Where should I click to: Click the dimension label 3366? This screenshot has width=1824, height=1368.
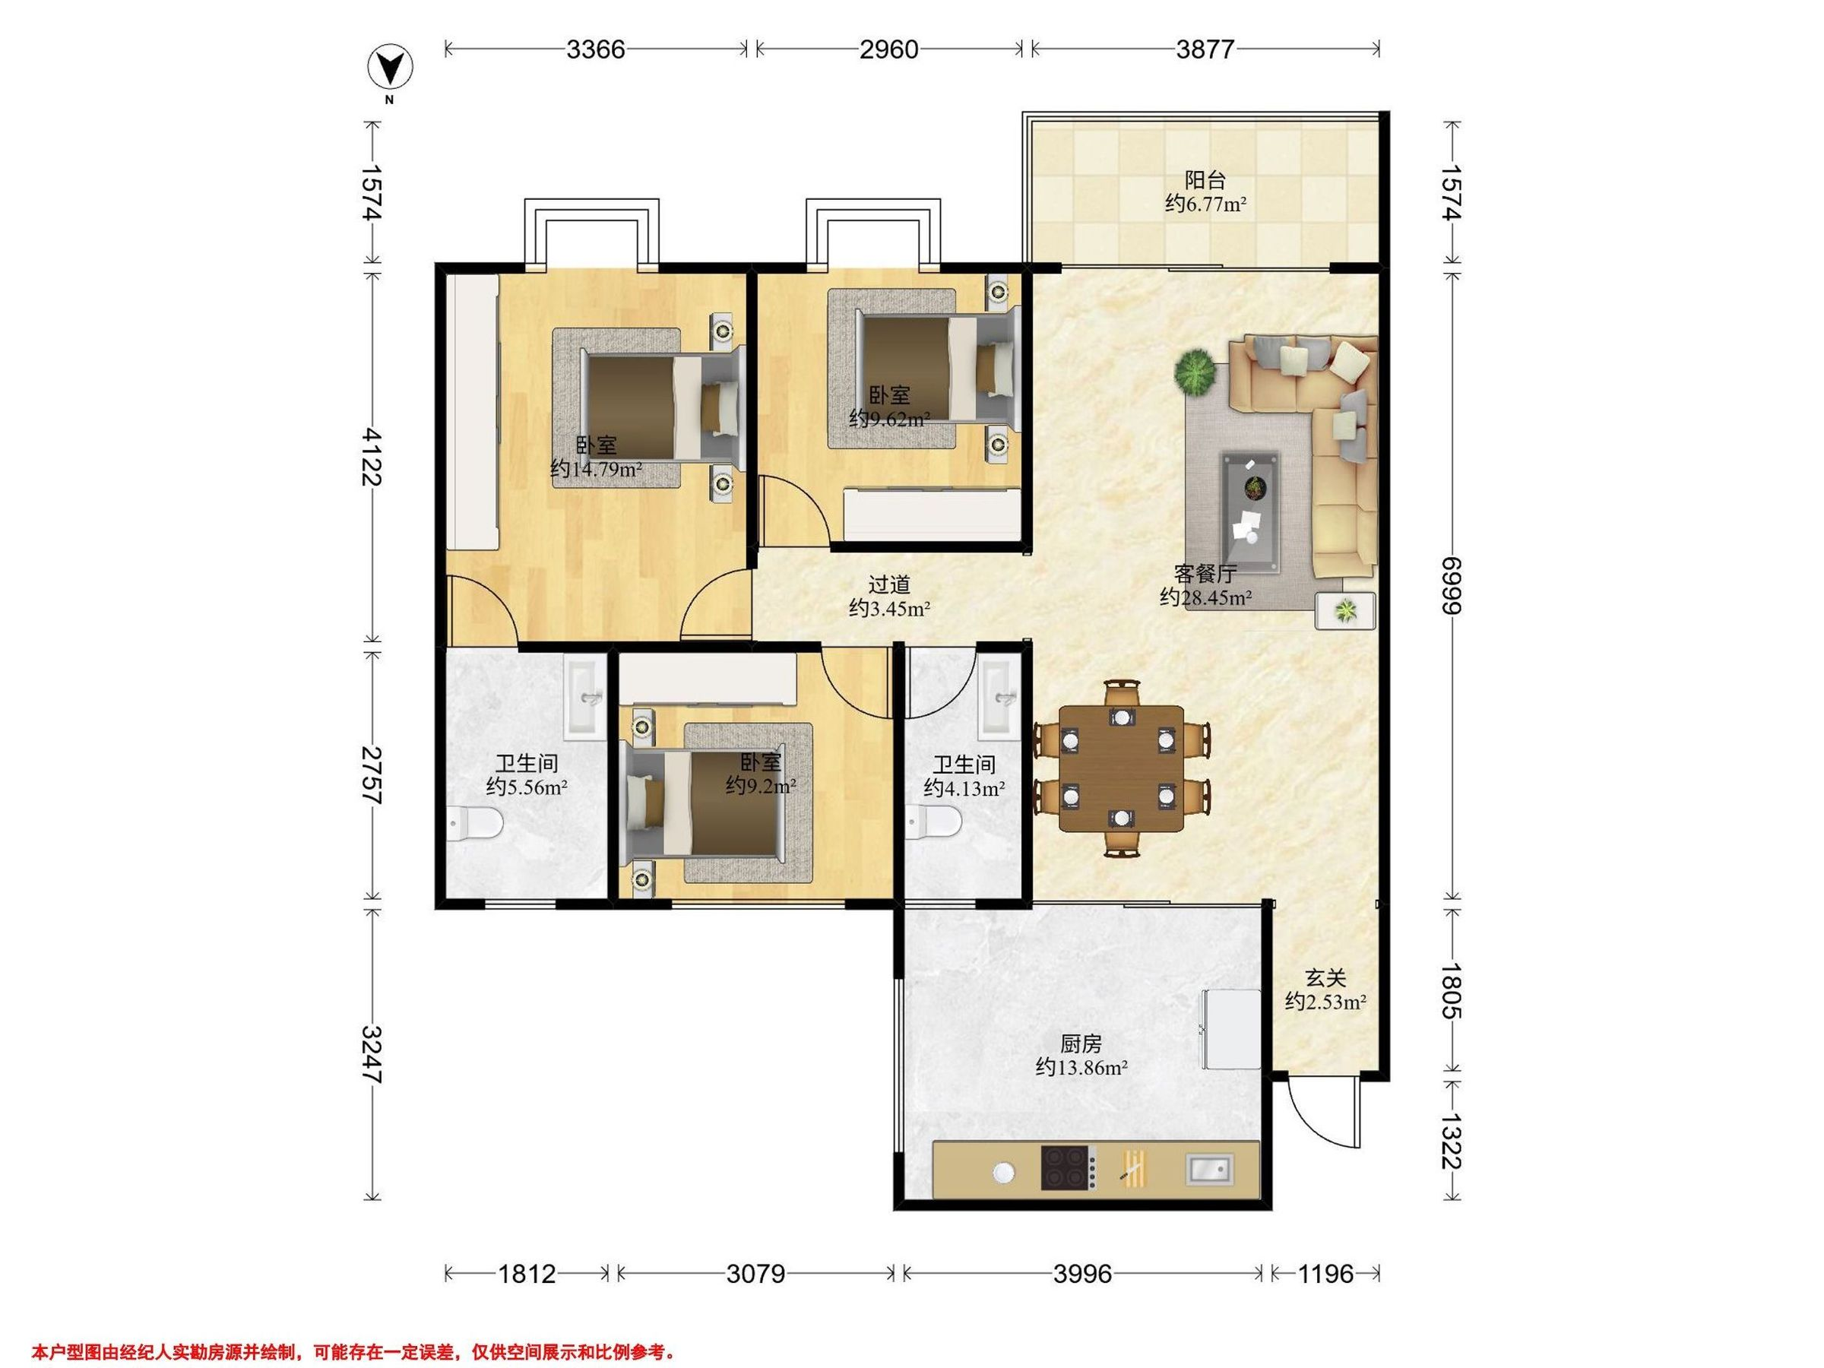[595, 49]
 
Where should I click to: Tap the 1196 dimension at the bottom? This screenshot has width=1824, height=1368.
[1325, 1274]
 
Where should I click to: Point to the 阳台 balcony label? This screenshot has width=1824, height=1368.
[1205, 179]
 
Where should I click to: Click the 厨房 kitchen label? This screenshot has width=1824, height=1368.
[1080, 1044]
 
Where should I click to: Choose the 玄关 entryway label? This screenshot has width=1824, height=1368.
[1325, 978]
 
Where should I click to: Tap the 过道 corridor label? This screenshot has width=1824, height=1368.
[890, 584]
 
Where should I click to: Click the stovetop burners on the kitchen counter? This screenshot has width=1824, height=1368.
[1068, 1167]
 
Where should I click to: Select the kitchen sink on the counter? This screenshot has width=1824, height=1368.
[1210, 1168]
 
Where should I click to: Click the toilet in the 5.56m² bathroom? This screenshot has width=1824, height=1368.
[476, 824]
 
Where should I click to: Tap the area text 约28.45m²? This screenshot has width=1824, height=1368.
[1205, 597]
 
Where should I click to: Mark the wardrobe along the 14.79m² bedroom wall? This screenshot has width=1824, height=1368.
[473, 411]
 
